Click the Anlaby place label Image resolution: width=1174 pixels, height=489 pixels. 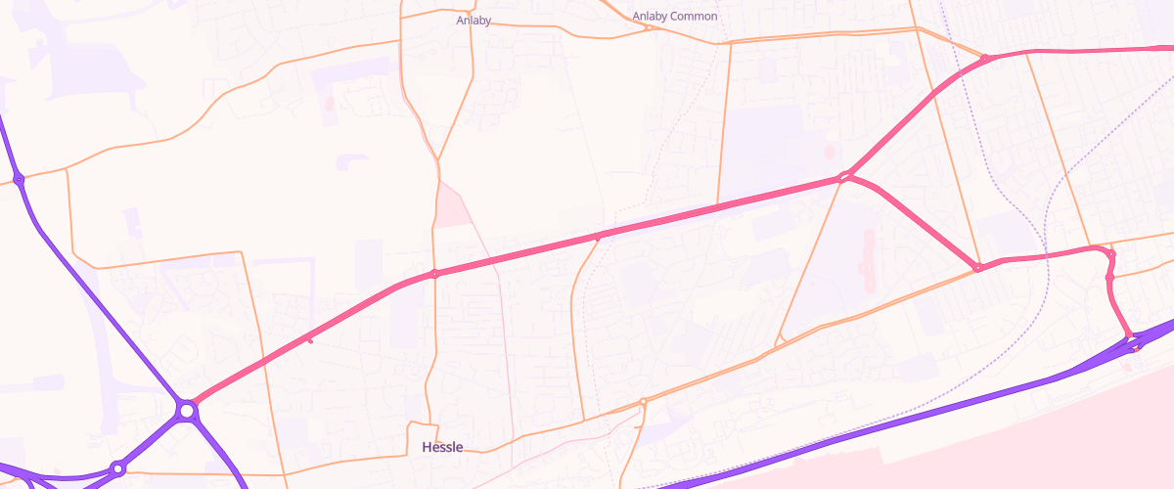(x=474, y=20)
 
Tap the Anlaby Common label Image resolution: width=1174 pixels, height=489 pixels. (x=674, y=17)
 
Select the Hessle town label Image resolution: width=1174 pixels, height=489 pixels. (x=441, y=447)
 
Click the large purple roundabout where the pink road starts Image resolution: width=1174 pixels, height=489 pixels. (x=186, y=411)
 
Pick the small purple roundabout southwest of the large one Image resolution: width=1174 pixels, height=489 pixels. (x=117, y=469)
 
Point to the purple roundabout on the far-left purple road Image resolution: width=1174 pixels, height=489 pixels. (x=19, y=179)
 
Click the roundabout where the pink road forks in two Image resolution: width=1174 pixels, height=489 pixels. (x=844, y=178)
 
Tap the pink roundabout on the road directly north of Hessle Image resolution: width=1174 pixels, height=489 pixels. (x=434, y=274)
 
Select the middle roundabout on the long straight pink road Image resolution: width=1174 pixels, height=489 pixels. (x=599, y=236)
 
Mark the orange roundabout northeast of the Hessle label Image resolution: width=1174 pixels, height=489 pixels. (x=643, y=402)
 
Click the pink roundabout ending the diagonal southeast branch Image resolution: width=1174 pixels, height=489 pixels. (x=976, y=268)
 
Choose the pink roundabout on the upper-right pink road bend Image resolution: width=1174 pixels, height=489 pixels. (x=985, y=59)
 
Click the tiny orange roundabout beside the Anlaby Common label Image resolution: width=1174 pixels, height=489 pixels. (x=648, y=27)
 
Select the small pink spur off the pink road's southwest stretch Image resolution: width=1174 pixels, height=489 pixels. (x=309, y=339)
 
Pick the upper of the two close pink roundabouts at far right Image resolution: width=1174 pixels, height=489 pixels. (x=1110, y=254)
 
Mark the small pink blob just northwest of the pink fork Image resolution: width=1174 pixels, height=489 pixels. (x=830, y=151)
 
